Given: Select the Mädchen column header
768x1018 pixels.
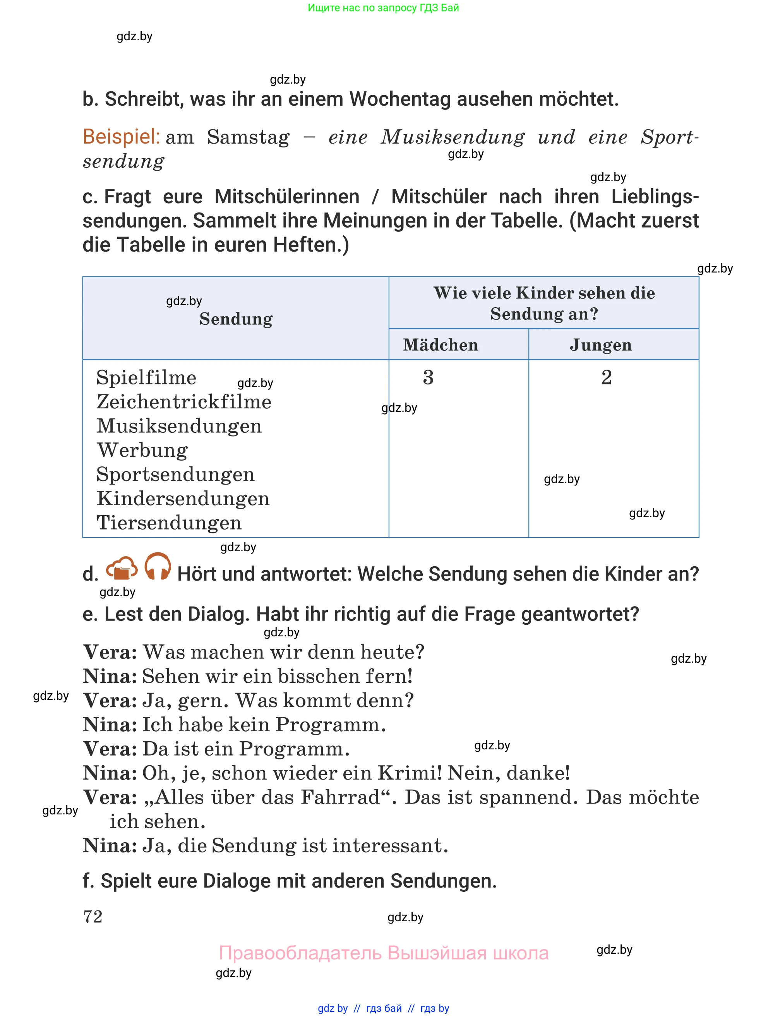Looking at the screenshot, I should [x=441, y=345].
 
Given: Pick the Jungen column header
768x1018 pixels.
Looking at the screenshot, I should [x=600, y=345].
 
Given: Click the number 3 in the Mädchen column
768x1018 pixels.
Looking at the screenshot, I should [x=428, y=377].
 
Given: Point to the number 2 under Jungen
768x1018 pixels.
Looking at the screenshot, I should [x=606, y=377].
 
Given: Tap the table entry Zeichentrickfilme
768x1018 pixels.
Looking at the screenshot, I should [x=183, y=402].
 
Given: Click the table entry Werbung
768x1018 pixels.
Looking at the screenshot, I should [x=142, y=450].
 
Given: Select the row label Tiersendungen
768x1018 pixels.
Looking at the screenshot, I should [x=169, y=523].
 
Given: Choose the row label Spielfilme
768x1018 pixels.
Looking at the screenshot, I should [x=146, y=378].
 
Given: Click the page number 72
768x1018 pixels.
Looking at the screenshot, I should [x=93, y=916].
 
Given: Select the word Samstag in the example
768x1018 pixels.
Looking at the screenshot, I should [x=248, y=137].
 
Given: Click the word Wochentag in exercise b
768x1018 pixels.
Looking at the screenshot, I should [x=400, y=99].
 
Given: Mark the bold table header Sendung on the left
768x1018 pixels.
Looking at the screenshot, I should [x=236, y=319].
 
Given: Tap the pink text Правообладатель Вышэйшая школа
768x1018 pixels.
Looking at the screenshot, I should [x=383, y=952].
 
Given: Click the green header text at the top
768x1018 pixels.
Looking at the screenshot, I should [x=383, y=8].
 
